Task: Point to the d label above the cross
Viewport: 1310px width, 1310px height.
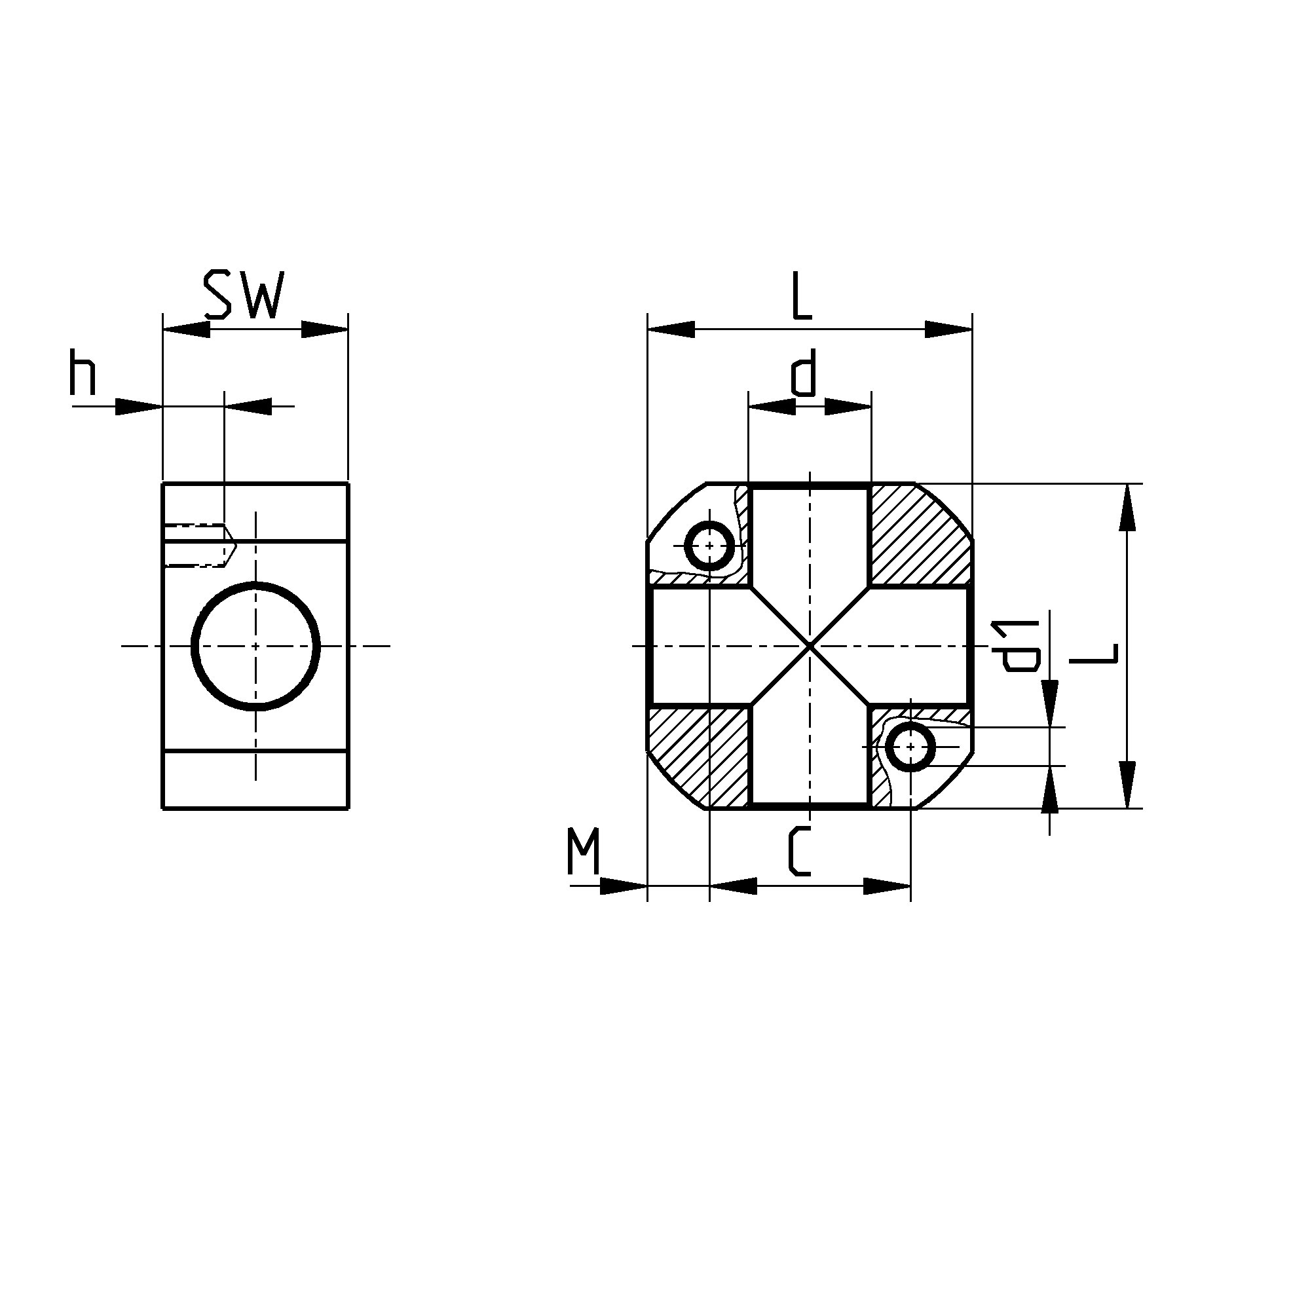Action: pyautogui.click(x=803, y=372)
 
